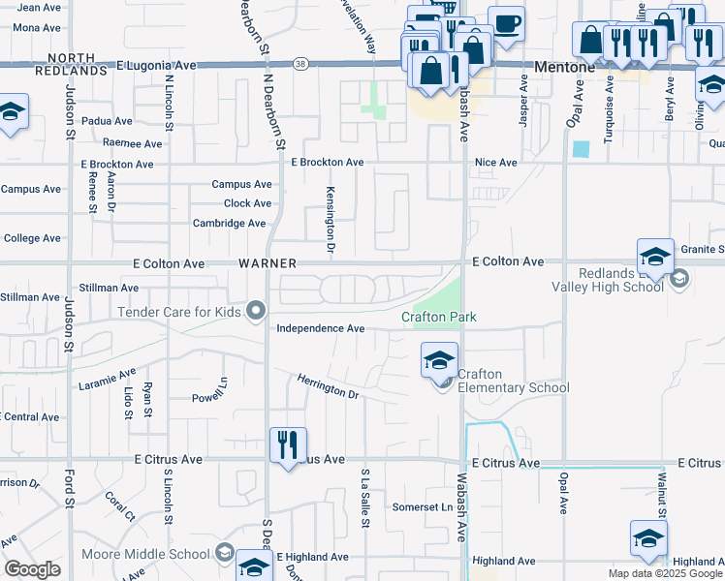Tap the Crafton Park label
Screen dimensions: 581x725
click(439, 318)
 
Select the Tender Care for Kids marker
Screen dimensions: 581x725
click(256, 312)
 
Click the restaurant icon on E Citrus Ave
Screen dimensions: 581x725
click(288, 444)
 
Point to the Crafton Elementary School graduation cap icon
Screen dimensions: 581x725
click(439, 361)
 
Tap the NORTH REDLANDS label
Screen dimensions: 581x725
click(71, 64)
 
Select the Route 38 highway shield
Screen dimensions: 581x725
click(301, 64)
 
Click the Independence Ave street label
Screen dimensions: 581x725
click(321, 328)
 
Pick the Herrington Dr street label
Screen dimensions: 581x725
click(329, 389)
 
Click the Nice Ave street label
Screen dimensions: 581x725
click(496, 163)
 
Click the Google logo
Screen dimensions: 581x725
click(32, 569)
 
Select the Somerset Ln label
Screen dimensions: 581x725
click(423, 507)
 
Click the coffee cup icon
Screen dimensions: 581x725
click(506, 22)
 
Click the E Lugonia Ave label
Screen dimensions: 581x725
click(156, 65)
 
